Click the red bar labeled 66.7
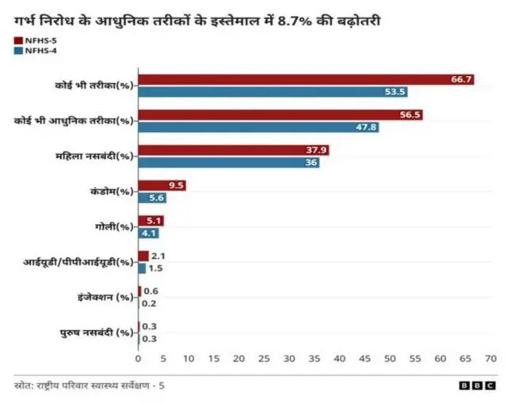click(x=306, y=78)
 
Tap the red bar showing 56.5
click(x=280, y=115)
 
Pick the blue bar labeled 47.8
click(x=258, y=127)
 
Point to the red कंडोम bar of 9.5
click(x=162, y=185)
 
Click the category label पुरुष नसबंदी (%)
click(x=97, y=333)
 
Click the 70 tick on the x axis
click(x=490, y=359)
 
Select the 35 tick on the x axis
click(x=314, y=359)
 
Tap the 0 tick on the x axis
click(x=139, y=359)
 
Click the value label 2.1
click(x=158, y=256)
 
